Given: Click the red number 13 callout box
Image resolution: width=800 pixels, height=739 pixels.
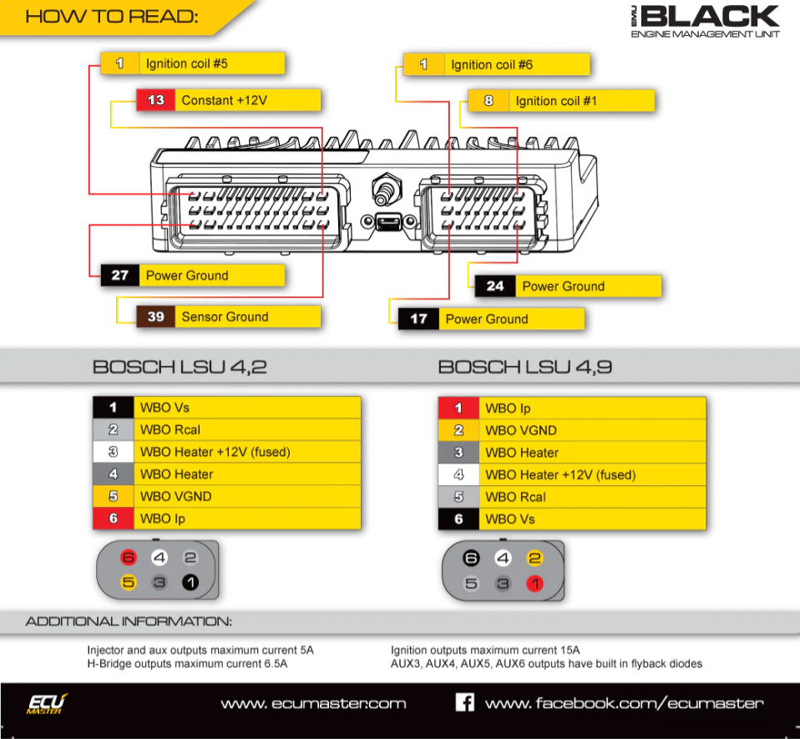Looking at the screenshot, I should point(155,100).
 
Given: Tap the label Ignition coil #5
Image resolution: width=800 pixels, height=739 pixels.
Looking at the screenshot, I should point(187,63).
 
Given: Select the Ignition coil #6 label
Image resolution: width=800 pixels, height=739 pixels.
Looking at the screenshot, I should point(491,64).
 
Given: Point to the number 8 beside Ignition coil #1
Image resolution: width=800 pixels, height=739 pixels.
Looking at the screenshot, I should point(489,101).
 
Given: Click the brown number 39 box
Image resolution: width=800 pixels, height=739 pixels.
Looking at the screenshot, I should point(155,316).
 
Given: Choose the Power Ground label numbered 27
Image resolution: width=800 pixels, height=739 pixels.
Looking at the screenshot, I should point(187,276).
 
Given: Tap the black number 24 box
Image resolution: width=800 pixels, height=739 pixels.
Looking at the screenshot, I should point(495,286).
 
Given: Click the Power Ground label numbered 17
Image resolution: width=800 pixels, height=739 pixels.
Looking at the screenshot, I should point(486,319).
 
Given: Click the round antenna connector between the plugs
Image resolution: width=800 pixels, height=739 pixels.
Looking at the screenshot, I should point(386,188).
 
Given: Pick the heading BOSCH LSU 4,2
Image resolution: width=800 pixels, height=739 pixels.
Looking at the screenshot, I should point(180,367).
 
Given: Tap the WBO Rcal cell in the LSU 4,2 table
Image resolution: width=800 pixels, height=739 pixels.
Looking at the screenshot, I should point(170,430).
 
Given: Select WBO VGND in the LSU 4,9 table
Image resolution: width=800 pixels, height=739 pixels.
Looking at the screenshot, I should point(521,431).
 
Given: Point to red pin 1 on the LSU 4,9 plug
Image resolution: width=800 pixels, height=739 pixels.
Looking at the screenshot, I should point(534,584).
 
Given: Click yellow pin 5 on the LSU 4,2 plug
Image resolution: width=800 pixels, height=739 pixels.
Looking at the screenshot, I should point(129,582).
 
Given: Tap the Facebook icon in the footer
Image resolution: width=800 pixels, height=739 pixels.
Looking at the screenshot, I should point(464,702).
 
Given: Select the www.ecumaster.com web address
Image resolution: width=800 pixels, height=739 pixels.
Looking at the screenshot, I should point(313,703).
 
